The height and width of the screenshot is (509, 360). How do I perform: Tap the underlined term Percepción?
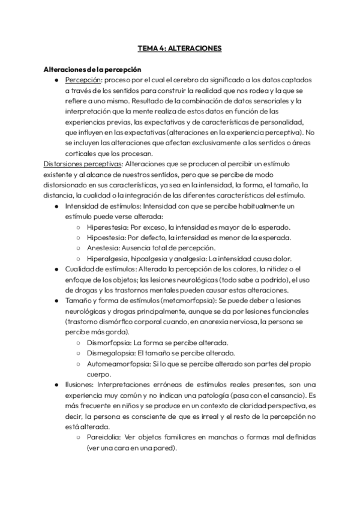tap(83, 80)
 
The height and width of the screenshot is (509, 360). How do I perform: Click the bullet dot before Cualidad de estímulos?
tap(56, 269)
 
